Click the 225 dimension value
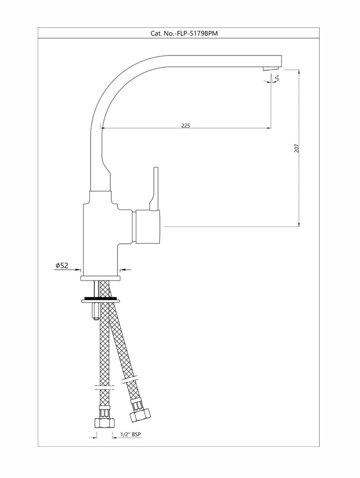186,125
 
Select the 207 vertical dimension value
296,148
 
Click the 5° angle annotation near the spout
277,78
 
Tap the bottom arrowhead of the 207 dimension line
299,224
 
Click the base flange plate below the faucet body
100,278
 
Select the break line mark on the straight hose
104,387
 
